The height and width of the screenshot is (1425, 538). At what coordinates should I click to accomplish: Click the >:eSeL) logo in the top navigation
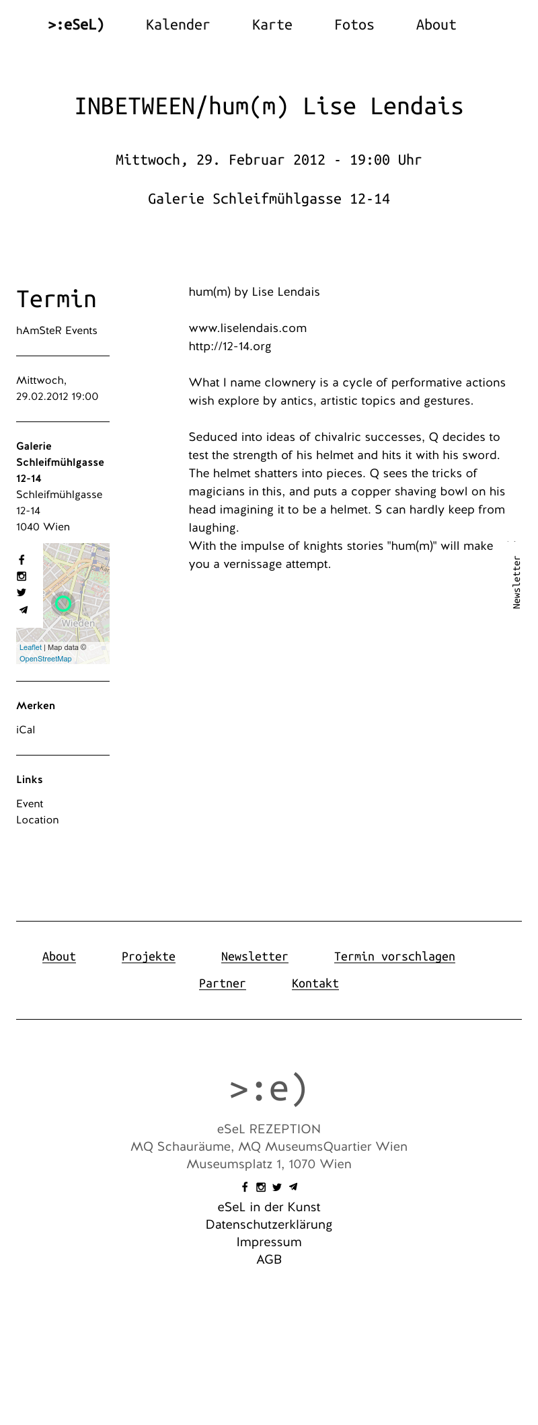[x=76, y=25]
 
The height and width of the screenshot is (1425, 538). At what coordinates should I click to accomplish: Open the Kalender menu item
[x=178, y=25]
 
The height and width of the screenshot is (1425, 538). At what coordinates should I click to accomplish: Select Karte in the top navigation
[x=272, y=25]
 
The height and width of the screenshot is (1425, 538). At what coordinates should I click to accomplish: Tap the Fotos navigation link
[x=354, y=25]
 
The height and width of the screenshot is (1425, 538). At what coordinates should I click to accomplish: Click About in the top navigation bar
[x=436, y=25]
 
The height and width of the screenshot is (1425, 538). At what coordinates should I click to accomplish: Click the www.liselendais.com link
[x=247, y=328]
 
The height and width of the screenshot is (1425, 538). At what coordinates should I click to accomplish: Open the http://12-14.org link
[x=230, y=346]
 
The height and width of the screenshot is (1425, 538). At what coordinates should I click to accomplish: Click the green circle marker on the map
[x=63, y=604]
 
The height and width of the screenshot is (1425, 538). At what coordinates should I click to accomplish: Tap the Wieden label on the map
[x=78, y=623]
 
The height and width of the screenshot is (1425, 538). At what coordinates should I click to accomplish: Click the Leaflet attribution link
[x=30, y=647]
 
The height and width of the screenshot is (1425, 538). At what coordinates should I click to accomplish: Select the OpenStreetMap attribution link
[x=45, y=659]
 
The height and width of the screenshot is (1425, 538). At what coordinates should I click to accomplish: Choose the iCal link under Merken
[x=26, y=730]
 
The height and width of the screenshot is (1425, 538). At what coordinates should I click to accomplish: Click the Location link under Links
[x=38, y=820]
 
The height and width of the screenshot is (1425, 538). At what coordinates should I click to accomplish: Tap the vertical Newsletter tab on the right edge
[x=516, y=582]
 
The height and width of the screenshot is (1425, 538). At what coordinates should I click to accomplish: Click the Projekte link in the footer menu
[x=149, y=956]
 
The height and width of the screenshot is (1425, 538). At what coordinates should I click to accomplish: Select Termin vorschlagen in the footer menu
[x=394, y=956]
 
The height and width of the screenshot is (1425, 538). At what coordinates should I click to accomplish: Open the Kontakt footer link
[x=315, y=983]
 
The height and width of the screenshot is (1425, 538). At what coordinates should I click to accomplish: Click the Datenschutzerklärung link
[x=269, y=1225]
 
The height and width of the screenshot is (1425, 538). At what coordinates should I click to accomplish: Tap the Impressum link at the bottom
[x=269, y=1242]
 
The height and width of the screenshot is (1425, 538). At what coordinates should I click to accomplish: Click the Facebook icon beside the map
[x=22, y=560]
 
